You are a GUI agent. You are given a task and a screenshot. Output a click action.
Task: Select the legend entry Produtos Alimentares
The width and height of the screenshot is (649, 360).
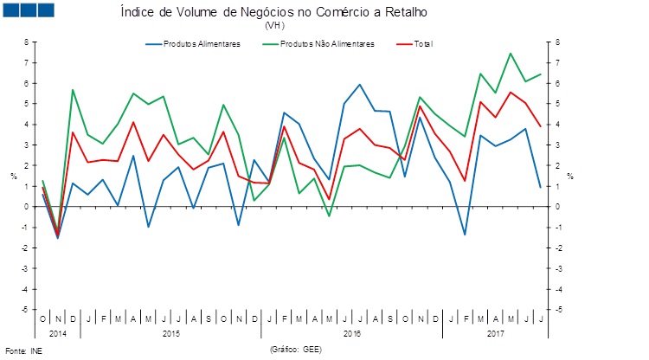(202, 43)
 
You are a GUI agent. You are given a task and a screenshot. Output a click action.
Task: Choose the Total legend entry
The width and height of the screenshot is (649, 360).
(423, 43)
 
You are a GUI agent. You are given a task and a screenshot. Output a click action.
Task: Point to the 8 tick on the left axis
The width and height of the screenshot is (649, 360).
(27, 42)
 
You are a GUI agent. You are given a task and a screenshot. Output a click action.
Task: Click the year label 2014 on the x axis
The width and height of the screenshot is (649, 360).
(58, 332)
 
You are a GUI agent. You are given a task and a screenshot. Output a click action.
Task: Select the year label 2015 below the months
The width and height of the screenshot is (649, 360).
(170, 332)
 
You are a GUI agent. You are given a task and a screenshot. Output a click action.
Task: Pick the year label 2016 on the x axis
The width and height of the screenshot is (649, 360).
(352, 332)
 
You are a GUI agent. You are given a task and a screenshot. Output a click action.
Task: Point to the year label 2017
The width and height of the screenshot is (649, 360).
(496, 332)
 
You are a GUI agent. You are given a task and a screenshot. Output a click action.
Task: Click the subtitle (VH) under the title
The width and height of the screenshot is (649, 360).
(274, 25)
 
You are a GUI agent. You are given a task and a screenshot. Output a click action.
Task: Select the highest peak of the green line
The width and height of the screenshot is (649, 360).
(511, 54)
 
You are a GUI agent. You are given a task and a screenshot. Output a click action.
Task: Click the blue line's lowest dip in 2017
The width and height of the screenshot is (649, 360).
(465, 235)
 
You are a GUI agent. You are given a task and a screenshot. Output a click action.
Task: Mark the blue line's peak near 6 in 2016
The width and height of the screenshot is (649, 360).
(359, 85)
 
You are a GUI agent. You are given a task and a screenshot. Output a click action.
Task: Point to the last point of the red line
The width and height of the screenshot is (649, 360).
(541, 126)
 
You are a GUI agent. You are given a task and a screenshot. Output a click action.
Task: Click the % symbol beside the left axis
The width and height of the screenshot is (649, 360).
(14, 176)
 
